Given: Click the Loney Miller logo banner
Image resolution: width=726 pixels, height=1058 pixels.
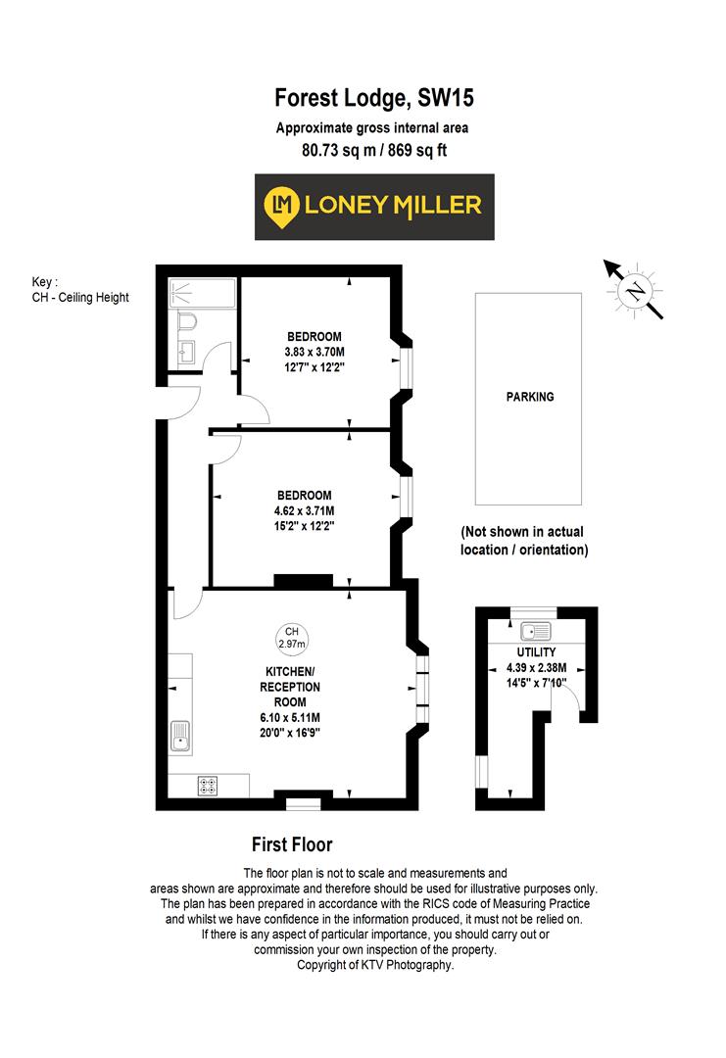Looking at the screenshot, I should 374,207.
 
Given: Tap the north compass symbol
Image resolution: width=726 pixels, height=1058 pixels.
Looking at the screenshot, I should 636,290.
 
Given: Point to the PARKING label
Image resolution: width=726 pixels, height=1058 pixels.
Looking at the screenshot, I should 529,397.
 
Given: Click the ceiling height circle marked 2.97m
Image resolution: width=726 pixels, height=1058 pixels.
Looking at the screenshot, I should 291,638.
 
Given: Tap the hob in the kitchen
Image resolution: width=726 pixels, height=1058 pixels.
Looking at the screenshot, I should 209,784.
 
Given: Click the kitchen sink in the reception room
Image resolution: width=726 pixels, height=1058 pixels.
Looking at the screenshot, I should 180,736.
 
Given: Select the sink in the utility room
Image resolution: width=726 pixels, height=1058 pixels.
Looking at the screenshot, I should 536,631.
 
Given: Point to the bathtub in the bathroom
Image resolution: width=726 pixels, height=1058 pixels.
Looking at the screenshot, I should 202,292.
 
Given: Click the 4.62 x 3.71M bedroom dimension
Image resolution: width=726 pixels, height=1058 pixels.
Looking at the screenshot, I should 304,510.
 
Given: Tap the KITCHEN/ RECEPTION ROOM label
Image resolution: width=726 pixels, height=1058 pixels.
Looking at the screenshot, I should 289,687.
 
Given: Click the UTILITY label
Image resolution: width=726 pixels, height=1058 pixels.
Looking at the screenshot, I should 536,652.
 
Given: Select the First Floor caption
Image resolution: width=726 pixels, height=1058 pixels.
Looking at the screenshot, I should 292,844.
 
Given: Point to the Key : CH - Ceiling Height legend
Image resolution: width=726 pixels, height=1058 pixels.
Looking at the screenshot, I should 80,290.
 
